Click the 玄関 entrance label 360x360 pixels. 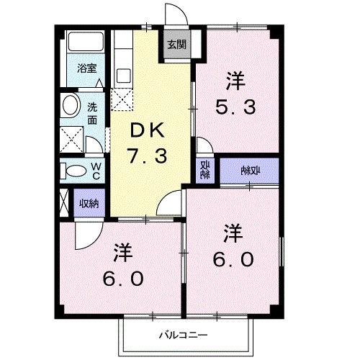point(176,45)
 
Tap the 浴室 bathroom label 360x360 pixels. point(87,70)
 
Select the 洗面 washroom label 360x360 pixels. point(93,114)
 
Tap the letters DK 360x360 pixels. point(148,130)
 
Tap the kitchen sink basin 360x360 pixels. point(122,73)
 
